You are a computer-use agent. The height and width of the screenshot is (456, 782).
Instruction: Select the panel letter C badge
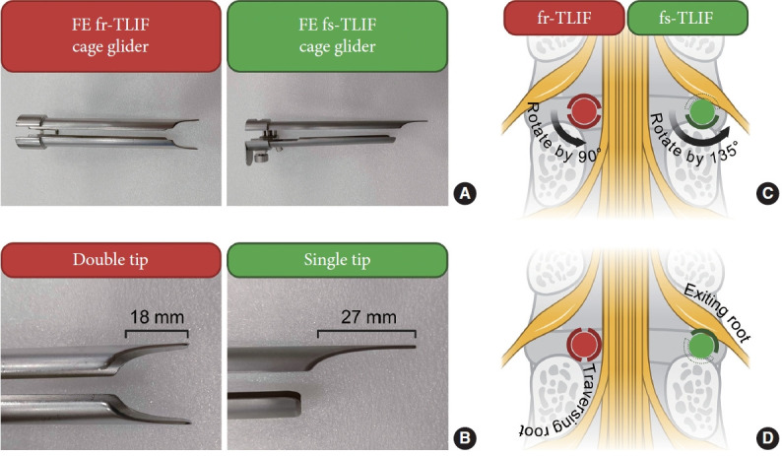point(764,194)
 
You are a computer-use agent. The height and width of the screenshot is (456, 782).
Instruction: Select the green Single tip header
point(338,262)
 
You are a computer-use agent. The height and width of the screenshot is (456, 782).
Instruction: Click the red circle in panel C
point(582,109)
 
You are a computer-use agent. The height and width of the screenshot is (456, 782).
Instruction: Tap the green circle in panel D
point(700,346)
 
